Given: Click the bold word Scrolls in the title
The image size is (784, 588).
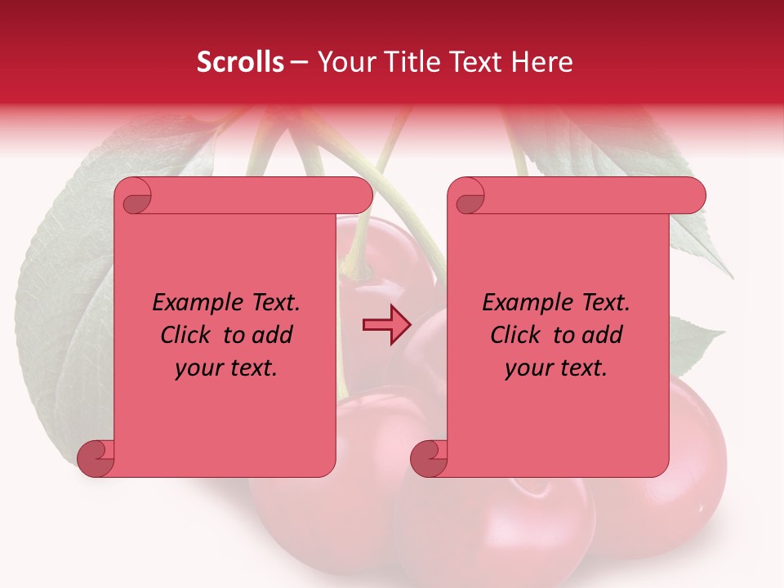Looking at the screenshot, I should (x=241, y=62).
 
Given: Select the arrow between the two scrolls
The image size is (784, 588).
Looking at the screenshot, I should (x=385, y=325).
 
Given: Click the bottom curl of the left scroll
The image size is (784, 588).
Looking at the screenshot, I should (x=96, y=458).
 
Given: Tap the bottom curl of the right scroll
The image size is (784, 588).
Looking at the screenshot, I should (x=429, y=458).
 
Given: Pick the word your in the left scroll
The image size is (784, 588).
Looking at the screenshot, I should (x=198, y=368).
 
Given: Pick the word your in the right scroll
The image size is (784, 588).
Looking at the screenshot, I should (x=528, y=368).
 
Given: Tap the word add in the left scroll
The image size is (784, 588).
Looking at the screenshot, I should (x=274, y=335).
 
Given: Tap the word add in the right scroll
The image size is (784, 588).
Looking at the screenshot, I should (x=604, y=335).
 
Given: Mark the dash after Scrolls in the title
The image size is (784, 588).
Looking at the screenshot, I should (x=299, y=63).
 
